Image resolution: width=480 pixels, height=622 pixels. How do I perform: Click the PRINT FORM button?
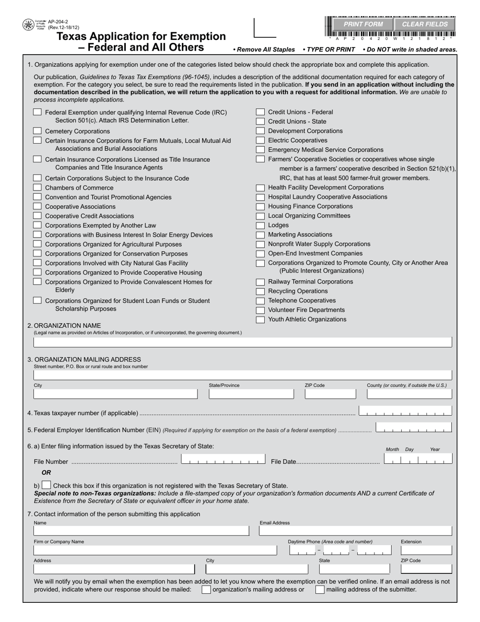[363, 24]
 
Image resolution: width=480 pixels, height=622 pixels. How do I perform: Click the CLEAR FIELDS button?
[425, 24]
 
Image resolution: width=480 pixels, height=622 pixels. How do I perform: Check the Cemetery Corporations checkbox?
[37, 131]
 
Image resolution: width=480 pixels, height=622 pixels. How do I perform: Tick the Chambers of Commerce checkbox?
[37, 188]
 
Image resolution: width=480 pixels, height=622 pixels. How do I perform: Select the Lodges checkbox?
[260, 226]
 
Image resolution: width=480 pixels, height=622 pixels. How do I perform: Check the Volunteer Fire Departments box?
[260, 310]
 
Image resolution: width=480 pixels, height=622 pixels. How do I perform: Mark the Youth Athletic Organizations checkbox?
[260, 320]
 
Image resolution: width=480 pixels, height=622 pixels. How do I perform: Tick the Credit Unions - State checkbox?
[260, 121]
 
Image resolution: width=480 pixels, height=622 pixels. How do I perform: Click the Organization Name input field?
[243, 342]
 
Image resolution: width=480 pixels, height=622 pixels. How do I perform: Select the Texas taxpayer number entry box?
[405, 411]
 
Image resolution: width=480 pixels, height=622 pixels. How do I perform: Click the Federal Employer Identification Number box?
[414, 428]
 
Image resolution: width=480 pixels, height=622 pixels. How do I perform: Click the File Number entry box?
[223, 460]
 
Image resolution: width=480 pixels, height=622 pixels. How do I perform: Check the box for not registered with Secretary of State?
[46, 485]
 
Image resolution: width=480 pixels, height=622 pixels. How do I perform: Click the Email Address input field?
[355, 531]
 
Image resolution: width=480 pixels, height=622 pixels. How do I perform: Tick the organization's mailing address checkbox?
[206, 590]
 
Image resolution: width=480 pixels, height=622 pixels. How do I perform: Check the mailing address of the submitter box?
[320, 590]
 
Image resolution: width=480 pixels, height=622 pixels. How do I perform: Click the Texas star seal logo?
[28, 25]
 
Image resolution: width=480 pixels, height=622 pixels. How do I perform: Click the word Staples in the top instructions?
[282, 50]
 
